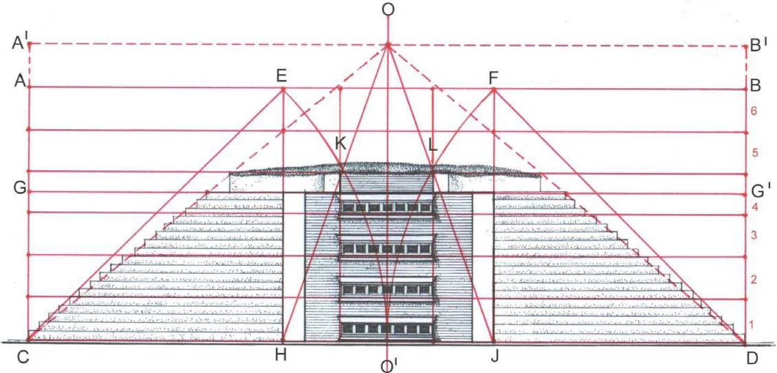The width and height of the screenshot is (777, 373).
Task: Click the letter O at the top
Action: pos(389,11)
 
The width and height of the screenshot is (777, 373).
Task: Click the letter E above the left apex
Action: pos(282,76)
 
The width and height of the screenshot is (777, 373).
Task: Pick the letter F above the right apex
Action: pos(494,78)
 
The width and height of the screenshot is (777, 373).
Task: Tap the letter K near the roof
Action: pos(340,145)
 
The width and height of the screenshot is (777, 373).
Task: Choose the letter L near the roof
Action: pos(433,145)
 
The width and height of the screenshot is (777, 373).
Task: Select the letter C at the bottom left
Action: pos(22,357)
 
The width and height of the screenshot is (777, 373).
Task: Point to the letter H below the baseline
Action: pos(280,356)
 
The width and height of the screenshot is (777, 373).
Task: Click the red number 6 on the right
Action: pos(753,111)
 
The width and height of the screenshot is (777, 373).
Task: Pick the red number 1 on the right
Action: pos(753,324)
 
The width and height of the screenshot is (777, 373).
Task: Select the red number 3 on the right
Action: pos(753,236)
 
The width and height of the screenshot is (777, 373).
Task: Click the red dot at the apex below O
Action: pos(388,45)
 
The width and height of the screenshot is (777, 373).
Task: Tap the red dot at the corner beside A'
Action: pos(30,43)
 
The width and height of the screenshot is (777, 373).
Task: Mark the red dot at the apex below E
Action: pos(283,89)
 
